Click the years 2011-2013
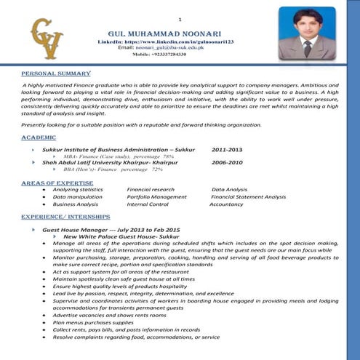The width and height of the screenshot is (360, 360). [227, 149]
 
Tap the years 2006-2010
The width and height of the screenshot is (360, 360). [227, 163]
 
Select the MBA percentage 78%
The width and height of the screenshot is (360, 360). [168, 156]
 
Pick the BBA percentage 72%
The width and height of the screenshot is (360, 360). [157, 169]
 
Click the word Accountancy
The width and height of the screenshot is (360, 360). [226, 204]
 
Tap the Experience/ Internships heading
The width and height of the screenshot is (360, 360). [65, 217]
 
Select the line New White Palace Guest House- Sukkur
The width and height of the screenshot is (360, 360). [121, 236]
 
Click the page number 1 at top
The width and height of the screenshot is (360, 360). [180, 19]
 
